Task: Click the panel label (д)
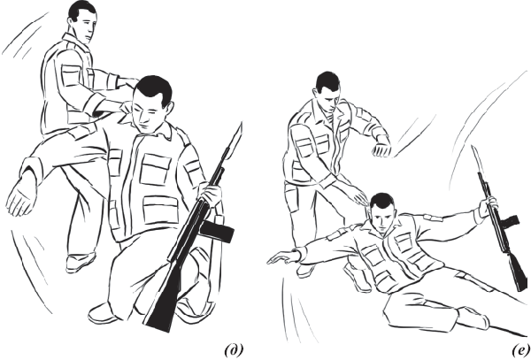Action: pyautogui.click(x=234, y=350)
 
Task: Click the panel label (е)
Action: pyautogui.click(x=521, y=350)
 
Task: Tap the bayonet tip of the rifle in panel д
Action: pyautogui.click(x=242, y=124)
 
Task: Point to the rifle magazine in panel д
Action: pyautogui.click(x=217, y=231)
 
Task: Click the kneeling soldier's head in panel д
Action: pyautogui.click(x=150, y=103)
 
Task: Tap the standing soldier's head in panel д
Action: pyautogui.click(x=83, y=21)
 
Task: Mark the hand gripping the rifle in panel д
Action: pyautogui.click(x=212, y=194)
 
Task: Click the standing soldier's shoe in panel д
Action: pyautogui.click(x=81, y=263)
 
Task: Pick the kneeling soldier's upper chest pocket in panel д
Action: pyautogui.click(x=155, y=169)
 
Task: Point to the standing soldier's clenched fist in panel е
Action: pyautogui.click(x=381, y=148)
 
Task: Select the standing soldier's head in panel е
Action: pyautogui.click(x=327, y=88)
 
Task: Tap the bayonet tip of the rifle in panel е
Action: pyautogui.click(x=473, y=147)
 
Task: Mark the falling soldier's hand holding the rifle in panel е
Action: pyautogui.click(x=489, y=204)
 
